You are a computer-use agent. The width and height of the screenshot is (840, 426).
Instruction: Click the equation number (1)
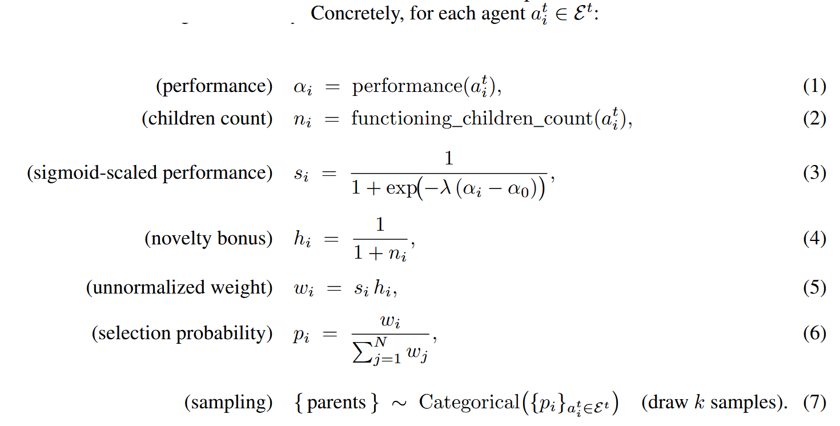(x=814, y=86)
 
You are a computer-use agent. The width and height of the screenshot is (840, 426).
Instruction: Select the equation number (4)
(x=814, y=239)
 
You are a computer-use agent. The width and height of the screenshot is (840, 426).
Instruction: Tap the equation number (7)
(x=814, y=403)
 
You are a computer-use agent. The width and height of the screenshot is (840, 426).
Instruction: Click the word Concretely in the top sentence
(x=357, y=14)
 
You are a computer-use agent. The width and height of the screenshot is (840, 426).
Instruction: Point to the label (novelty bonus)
(x=208, y=239)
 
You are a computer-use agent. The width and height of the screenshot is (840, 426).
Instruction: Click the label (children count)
(x=207, y=119)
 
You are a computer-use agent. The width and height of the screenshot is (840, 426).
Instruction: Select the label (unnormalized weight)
(x=179, y=288)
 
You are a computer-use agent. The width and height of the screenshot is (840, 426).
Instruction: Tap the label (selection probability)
(x=182, y=333)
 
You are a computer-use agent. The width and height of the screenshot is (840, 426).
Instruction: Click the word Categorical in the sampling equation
(x=469, y=403)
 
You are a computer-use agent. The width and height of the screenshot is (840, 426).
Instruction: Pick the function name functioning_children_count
(x=472, y=119)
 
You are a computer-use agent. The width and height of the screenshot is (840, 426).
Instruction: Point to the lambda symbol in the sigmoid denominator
(x=445, y=187)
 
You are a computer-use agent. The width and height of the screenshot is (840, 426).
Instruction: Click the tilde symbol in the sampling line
(x=399, y=403)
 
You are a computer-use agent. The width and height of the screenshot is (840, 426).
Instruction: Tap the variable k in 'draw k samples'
(x=699, y=402)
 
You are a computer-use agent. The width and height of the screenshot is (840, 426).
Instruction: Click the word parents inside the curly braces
(x=336, y=404)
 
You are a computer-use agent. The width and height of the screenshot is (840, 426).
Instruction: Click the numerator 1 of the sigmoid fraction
(x=449, y=158)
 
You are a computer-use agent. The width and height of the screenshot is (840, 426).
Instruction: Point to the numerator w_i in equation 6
(x=390, y=321)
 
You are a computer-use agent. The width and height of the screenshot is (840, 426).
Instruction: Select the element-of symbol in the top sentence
(x=561, y=15)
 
